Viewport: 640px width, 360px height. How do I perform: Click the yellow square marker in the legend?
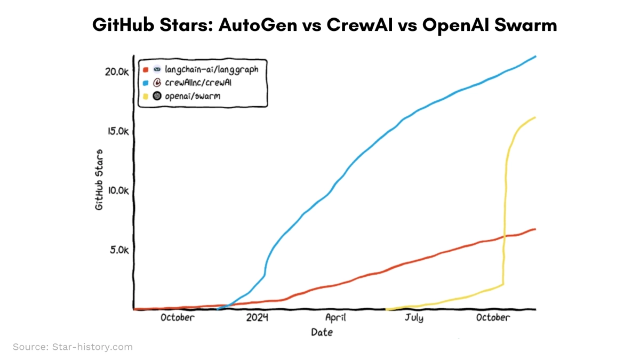145,97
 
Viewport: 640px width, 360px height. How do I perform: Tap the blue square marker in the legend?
145,83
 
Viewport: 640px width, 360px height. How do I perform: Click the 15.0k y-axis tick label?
115,131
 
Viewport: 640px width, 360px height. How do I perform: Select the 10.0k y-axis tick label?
115,190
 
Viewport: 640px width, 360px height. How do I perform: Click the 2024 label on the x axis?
257,318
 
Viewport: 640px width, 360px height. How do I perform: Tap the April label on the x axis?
335,318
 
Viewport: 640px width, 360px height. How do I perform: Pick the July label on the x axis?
413,318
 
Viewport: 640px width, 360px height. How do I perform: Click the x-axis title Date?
322,332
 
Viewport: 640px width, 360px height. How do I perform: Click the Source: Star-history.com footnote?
73,347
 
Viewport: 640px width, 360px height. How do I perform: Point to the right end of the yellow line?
535,117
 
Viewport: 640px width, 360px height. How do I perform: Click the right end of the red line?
535,229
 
